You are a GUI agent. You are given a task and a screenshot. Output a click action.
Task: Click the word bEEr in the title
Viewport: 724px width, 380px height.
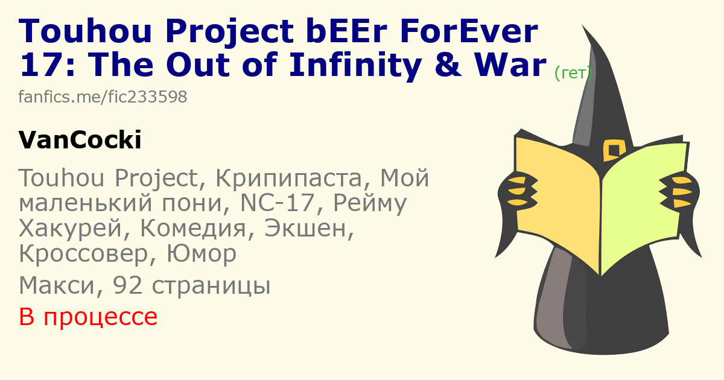point(347,31)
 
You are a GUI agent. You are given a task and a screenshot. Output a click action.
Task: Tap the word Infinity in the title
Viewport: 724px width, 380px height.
point(355,66)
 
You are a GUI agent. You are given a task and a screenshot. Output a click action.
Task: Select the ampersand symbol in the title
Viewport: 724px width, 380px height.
point(448,65)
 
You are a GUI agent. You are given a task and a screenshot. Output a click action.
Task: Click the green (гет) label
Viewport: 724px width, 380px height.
point(573,74)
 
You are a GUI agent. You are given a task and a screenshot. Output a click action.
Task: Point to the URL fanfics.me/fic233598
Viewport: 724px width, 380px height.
point(103,97)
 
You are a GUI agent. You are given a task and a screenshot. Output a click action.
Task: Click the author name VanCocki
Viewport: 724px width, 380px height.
point(80,140)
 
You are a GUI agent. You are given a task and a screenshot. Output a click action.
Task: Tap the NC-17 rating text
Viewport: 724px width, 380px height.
point(278,203)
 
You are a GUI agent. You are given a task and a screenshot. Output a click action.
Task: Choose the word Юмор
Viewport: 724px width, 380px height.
point(202,253)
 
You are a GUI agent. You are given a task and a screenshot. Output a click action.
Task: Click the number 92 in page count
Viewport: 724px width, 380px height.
point(127,285)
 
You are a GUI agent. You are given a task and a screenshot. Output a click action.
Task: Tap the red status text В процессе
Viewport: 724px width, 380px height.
point(88,317)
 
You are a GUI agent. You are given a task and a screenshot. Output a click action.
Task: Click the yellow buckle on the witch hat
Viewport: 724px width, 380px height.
point(614,150)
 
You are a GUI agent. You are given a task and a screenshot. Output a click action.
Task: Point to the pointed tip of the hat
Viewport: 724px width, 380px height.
point(583,26)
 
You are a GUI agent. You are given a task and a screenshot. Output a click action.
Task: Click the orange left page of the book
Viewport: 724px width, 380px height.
point(557,200)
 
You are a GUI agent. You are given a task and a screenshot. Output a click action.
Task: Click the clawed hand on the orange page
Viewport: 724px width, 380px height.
point(518,191)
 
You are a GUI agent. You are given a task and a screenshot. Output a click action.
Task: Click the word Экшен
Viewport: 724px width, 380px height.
point(309,229)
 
